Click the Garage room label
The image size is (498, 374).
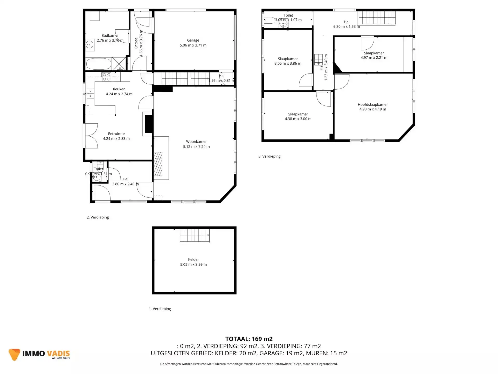193,40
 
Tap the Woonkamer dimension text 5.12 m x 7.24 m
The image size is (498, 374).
196,146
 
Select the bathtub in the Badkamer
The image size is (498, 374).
99,64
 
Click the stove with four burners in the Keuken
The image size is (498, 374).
107,77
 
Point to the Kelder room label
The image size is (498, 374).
193,259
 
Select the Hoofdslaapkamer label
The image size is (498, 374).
372,105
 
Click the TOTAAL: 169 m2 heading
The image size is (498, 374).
249,339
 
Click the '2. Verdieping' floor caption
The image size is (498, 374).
98,217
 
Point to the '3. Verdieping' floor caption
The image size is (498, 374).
269,156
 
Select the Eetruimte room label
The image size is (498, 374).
116,134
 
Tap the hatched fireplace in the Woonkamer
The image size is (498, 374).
158,164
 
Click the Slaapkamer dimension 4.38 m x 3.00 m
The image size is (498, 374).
298,119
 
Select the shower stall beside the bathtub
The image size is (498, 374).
119,64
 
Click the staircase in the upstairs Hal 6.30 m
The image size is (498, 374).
377,18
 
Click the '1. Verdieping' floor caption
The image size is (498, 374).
160,309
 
